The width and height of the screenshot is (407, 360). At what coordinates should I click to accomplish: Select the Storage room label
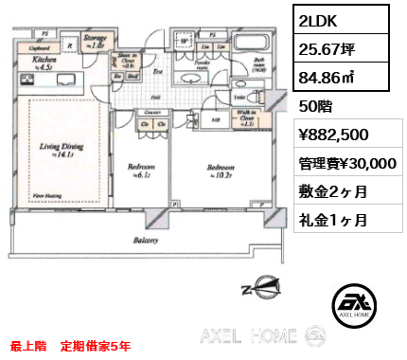click(95, 40)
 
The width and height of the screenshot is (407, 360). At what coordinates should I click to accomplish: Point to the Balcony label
click(145, 241)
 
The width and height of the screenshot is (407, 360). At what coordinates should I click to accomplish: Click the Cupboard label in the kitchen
click(39, 45)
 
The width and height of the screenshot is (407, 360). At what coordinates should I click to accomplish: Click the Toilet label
click(239, 98)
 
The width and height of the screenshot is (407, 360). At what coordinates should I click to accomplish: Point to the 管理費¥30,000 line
click(344, 163)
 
